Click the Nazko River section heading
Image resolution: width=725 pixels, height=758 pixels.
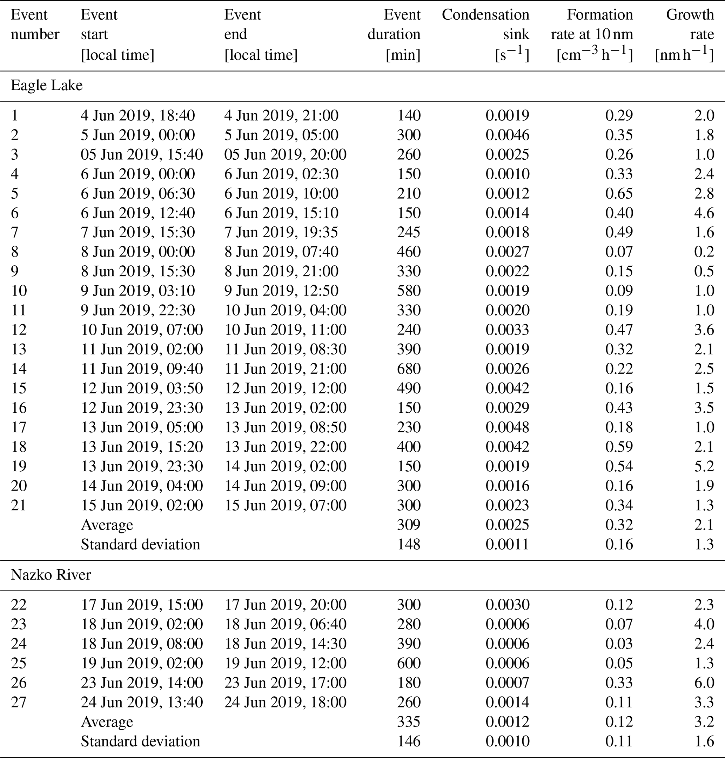tap(51, 575)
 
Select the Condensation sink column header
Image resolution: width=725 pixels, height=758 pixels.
tap(485, 34)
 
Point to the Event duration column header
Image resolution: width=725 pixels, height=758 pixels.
tap(394, 34)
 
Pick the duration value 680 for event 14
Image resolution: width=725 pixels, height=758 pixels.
tap(409, 368)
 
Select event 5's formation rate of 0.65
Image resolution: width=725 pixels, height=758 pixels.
tap(619, 193)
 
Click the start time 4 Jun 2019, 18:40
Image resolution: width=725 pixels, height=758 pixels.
tap(138, 115)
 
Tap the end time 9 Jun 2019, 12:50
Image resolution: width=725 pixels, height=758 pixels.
tap(281, 291)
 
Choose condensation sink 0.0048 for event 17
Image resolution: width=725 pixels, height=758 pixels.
tap(508, 427)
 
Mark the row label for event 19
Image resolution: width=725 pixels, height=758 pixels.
tap(19, 466)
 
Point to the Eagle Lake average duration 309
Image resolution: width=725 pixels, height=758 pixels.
tap(409, 525)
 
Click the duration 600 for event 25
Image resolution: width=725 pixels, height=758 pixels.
tap(409, 663)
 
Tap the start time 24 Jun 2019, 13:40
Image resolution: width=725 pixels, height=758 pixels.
tap(142, 702)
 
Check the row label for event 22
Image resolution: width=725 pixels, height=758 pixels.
tap(19, 604)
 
